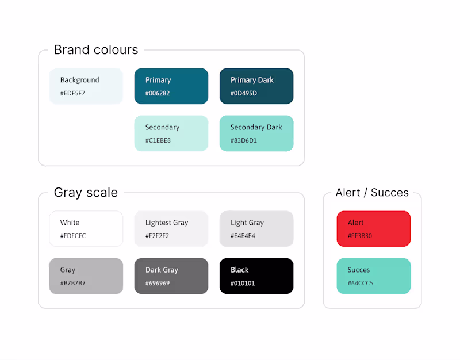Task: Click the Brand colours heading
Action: (96, 50)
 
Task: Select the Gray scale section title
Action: (86, 193)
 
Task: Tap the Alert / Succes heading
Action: (372, 193)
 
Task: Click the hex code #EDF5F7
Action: (72, 93)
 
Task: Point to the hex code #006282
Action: (158, 93)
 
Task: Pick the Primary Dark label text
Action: (252, 80)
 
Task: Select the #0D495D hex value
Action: (244, 93)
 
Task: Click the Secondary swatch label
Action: (162, 127)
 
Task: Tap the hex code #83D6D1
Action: (244, 140)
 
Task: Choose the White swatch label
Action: (70, 223)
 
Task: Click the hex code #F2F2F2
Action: (157, 236)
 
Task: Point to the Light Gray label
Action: (247, 223)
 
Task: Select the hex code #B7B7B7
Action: (73, 283)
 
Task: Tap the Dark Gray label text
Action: (162, 270)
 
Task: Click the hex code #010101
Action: (243, 283)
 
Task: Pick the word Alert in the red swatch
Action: (355, 223)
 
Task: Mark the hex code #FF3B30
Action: (360, 236)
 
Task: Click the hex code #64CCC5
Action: (361, 283)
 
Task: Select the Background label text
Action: (80, 80)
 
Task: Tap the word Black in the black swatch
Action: (240, 270)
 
